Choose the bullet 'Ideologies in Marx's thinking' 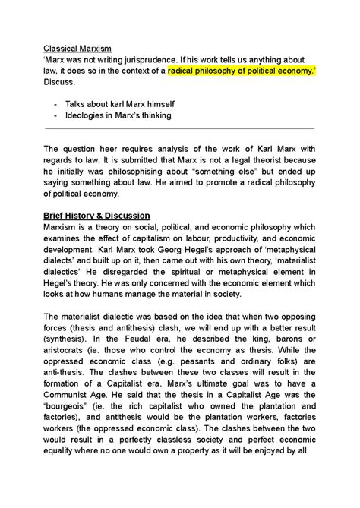coord(128,116)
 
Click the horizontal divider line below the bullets coord(179,130)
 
